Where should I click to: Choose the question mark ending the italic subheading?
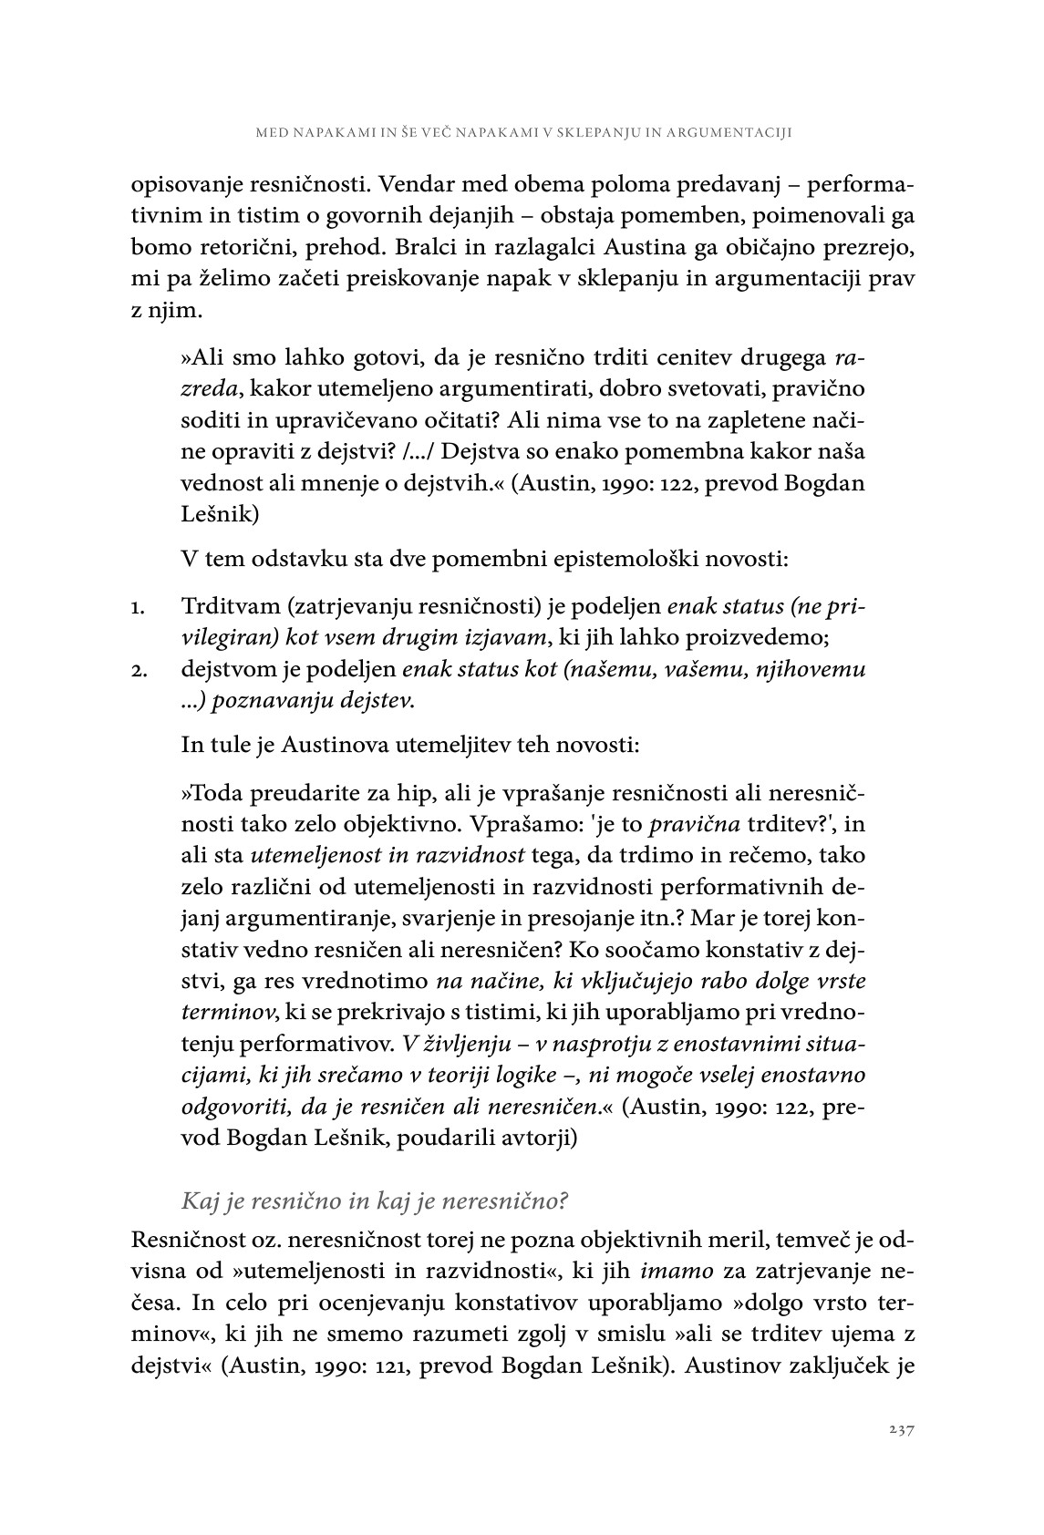pyautogui.click(x=563, y=1201)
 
